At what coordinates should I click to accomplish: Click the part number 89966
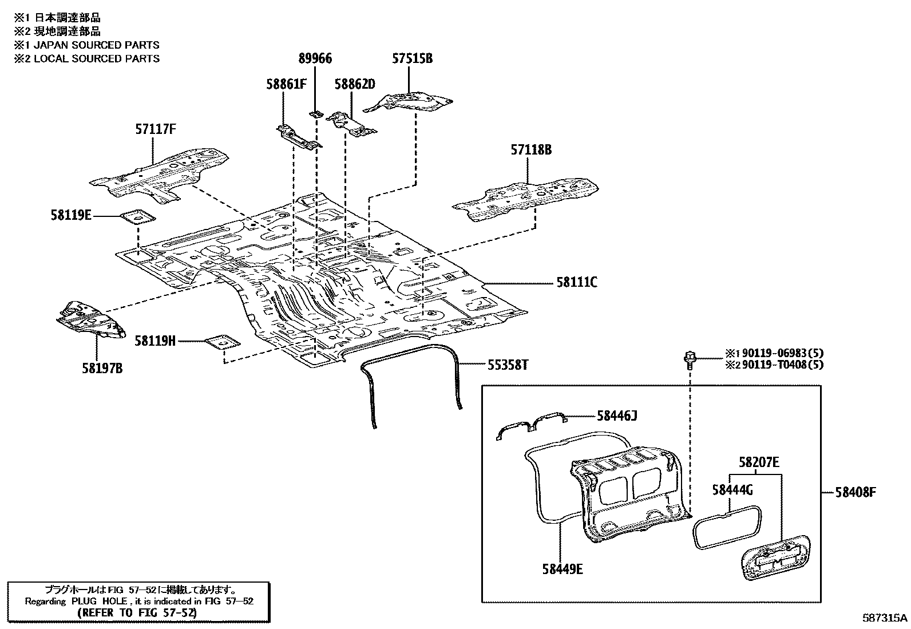[x=315, y=58]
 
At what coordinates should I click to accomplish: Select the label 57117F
[x=155, y=129]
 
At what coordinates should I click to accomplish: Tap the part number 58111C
[x=576, y=282]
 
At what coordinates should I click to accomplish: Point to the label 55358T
[x=508, y=365]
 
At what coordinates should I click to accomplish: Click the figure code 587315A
[x=885, y=618]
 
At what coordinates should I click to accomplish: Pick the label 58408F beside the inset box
[x=855, y=492]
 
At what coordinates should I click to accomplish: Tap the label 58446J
[x=617, y=416]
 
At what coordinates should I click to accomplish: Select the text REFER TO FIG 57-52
[x=137, y=612]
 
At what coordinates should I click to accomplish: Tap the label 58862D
[x=354, y=84]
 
